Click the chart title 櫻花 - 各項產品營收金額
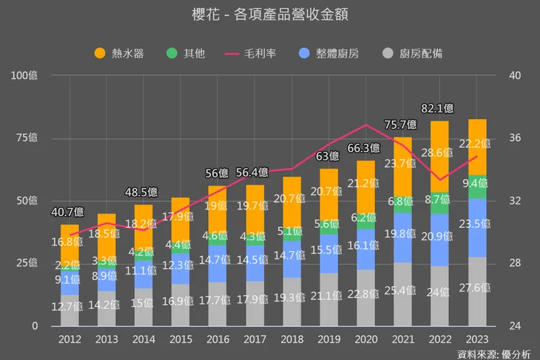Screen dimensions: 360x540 pos(269,15)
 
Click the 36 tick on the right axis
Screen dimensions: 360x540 pos(514,137)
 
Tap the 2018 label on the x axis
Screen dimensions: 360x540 pos(292,339)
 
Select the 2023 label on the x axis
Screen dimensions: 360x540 pos(477,339)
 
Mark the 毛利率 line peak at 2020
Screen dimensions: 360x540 pos(366,126)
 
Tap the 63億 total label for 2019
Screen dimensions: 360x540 pos(328,156)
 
